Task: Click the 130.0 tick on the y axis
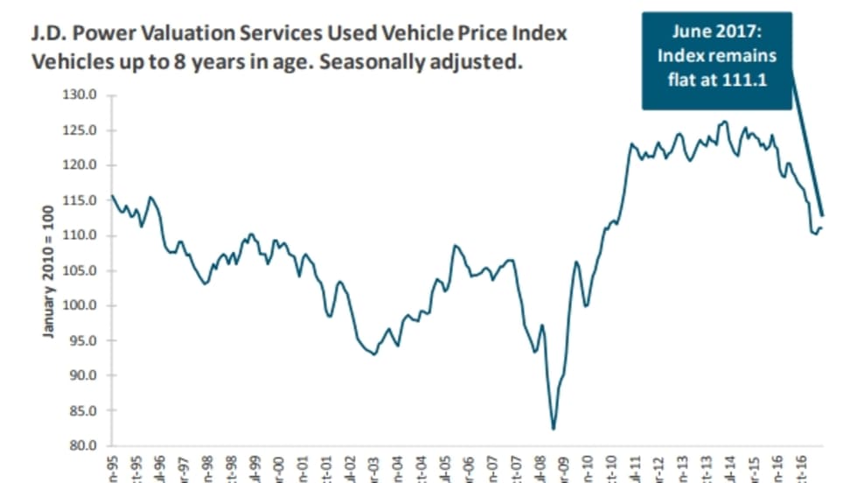(80, 95)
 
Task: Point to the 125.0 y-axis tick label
(80, 130)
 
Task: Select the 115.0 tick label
(80, 200)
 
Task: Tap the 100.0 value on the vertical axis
(80, 305)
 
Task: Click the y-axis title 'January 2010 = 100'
(49, 272)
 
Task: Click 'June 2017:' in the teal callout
(717, 32)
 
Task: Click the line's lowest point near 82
(553, 429)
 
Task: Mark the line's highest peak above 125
(725, 122)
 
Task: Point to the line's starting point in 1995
(112, 195)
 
